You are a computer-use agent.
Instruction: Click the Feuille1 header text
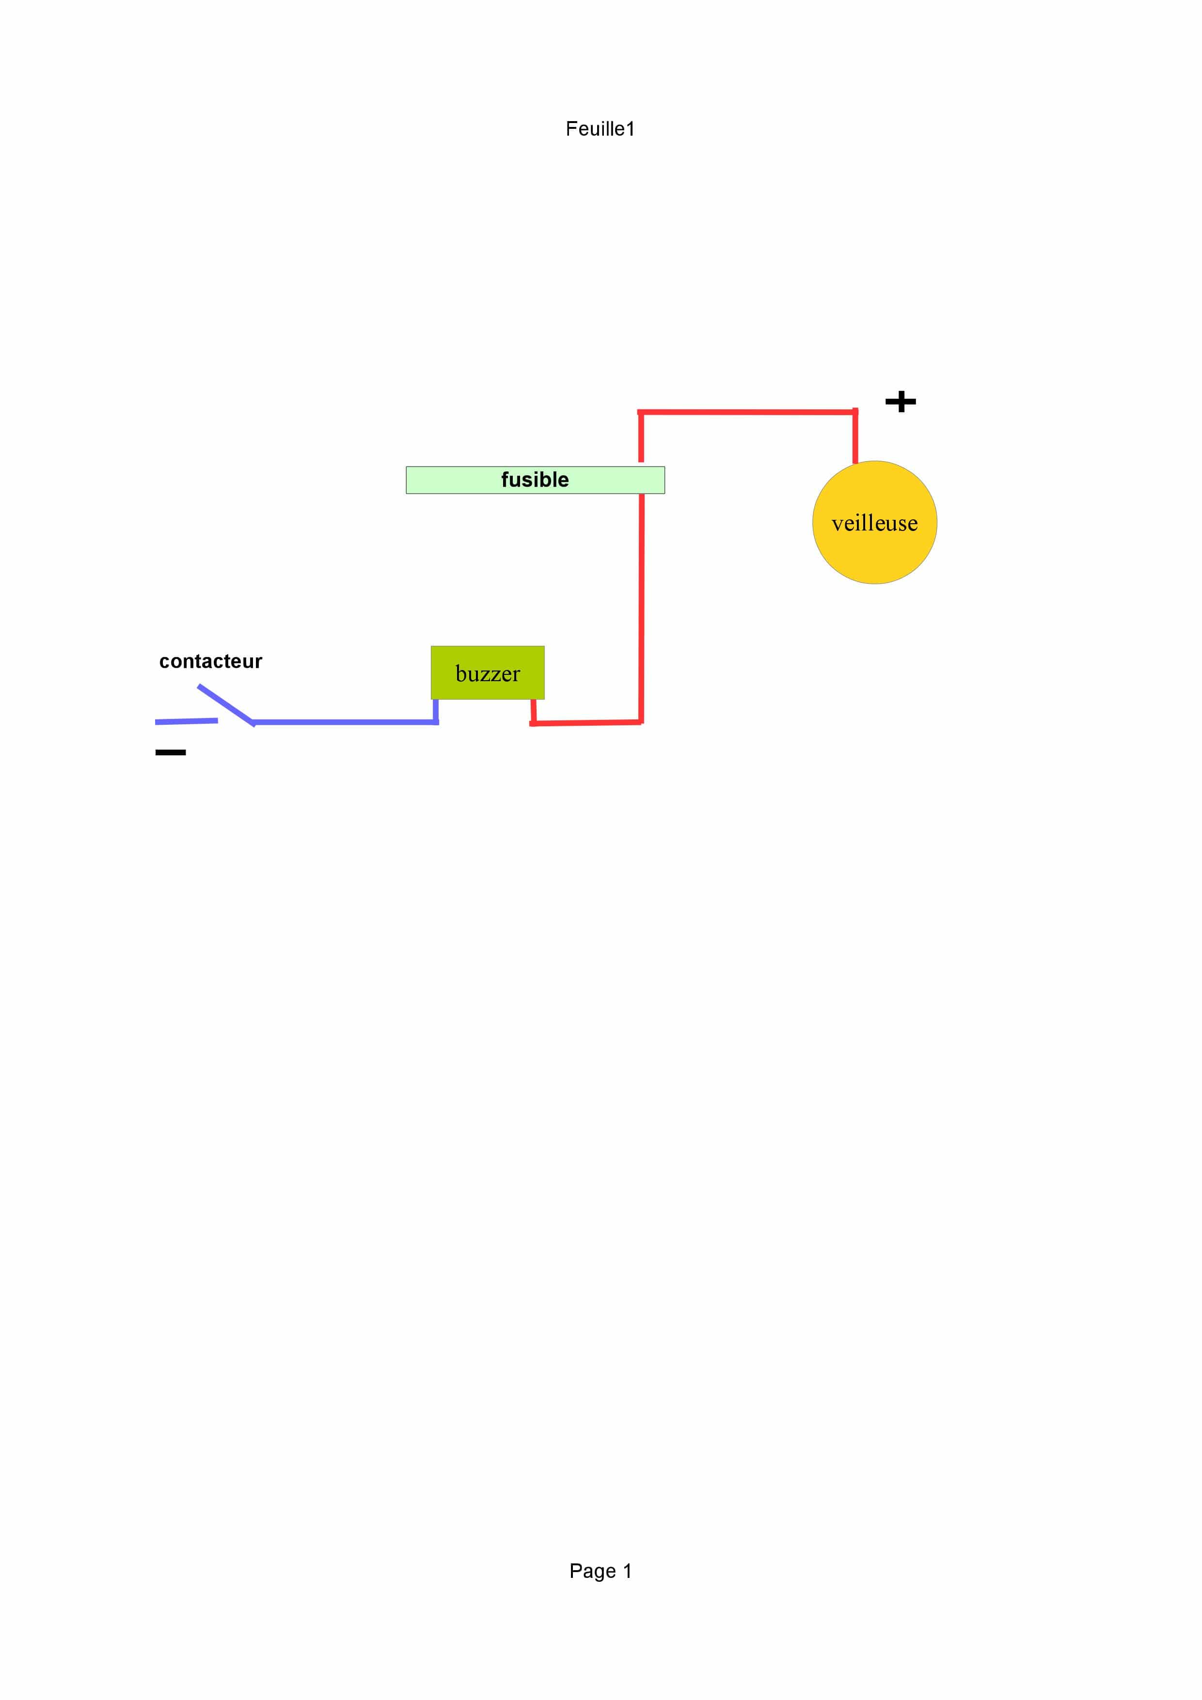[600, 129]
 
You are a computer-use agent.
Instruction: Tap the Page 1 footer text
[600, 1571]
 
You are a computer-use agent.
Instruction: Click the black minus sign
[170, 752]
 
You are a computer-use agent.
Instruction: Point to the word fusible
[535, 480]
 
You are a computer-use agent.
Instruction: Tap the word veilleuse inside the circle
[875, 524]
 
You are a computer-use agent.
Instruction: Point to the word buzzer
[487, 674]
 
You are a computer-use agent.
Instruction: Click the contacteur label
[210, 661]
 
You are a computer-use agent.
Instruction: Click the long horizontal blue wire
[345, 722]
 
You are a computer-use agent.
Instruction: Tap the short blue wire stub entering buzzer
[435, 710]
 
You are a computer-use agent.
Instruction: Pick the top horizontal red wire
[748, 412]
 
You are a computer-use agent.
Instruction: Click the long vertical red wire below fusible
[641, 607]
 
